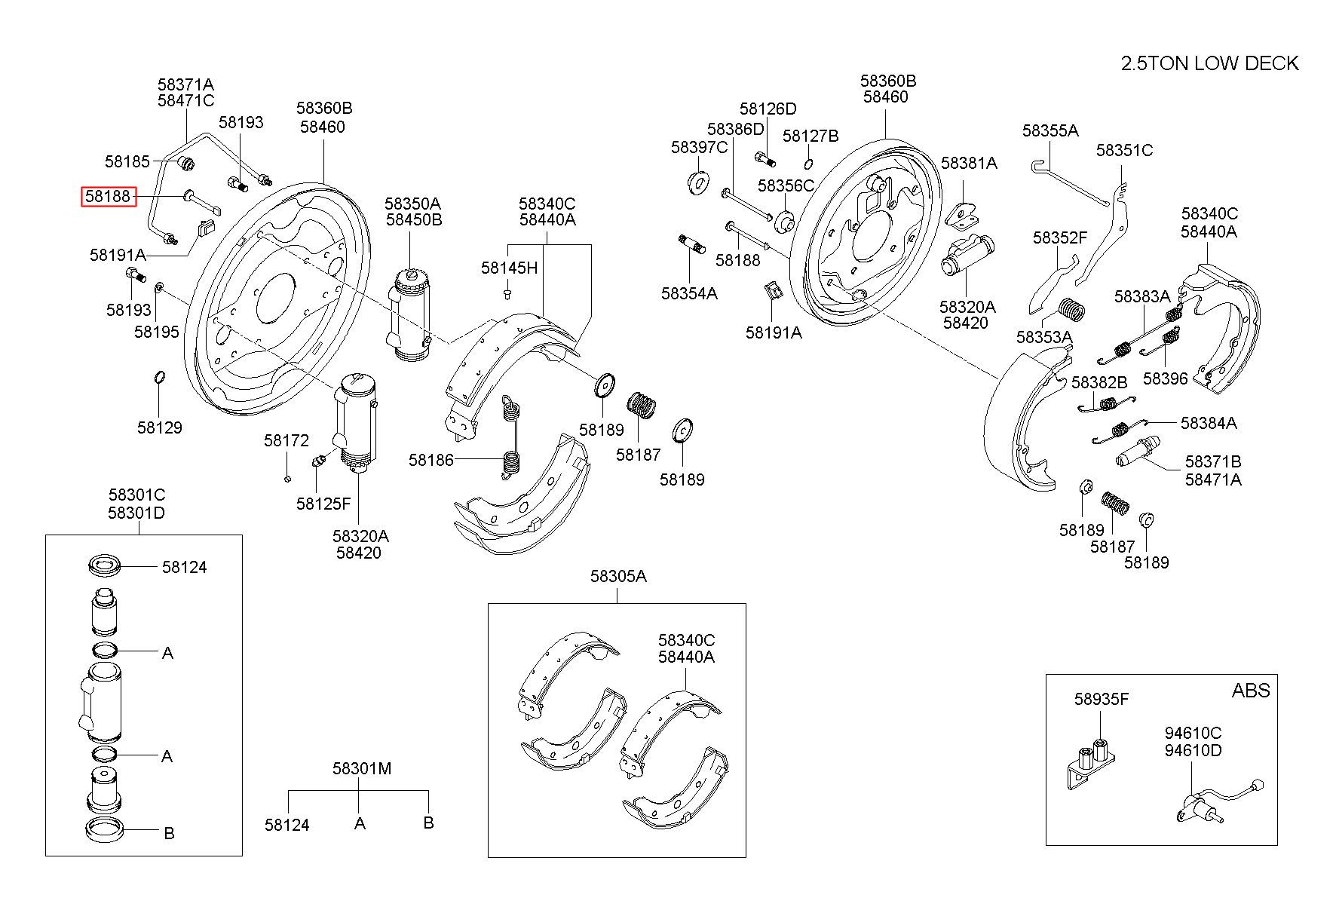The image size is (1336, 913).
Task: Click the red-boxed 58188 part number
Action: pos(109,198)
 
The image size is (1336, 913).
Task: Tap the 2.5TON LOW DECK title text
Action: pos(1209,63)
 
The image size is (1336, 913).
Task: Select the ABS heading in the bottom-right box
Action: pos(1250,691)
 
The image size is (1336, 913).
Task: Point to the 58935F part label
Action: pos(1101,700)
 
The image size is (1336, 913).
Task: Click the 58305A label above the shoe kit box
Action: pos(617,577)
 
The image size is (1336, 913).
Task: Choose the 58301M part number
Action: pos(361,769)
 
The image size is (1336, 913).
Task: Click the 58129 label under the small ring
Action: pos(159,427)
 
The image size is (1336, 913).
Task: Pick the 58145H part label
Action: pos(509,268)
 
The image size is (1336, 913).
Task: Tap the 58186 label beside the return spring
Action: pos(431,460)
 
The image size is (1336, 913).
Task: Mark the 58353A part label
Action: pos(1043,336)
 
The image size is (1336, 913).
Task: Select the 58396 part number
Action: pos(1165,378)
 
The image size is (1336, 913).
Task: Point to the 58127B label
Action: pos(810,136)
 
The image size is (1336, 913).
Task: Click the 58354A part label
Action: pos(689,293)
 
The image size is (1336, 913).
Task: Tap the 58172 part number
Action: pos(286,440)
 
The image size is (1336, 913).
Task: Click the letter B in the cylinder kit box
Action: pos(169,833)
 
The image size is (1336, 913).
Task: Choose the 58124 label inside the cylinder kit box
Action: pos(184,567)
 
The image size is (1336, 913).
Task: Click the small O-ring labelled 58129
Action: pos(160,377)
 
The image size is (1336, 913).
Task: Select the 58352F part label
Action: pos(1059,238)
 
